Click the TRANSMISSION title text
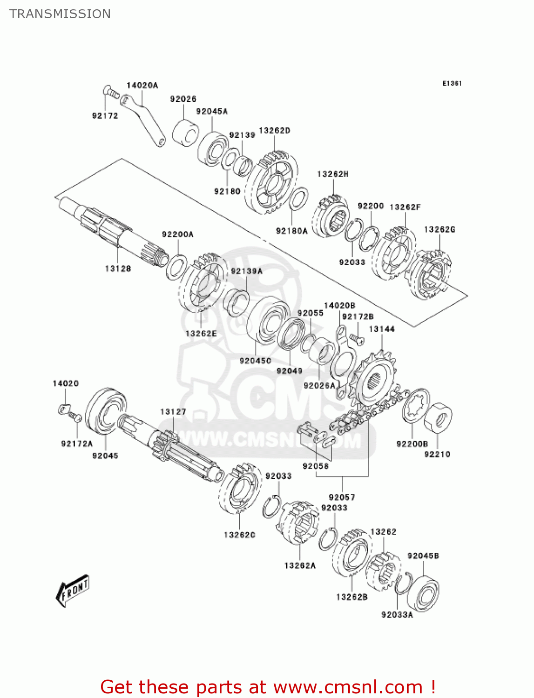[60, 14]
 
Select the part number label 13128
[118, 268]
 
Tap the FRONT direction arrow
[73, 591]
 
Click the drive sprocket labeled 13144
[374, 381]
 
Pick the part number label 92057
[342, 497]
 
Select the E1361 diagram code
[452, 83]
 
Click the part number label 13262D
[274, 131]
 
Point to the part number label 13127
[173, 412]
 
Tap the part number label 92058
[315, 466]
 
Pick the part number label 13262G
[439, 229]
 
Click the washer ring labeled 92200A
[177, 267]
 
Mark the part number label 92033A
[397, 615]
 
